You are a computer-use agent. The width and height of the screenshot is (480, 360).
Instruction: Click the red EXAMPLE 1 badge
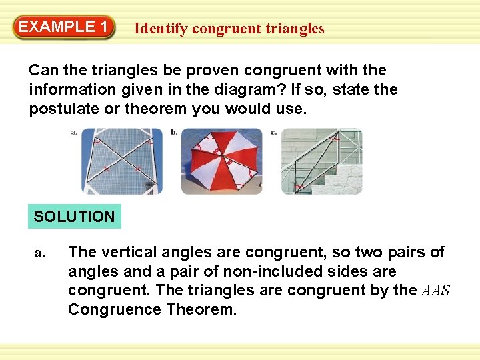pyautogui.click(x=64, y=27)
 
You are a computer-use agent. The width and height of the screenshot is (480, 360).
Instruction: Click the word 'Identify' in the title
pyautogui.click(x=161, y=29)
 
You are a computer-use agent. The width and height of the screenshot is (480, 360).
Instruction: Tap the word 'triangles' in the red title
pyautogui.click(x=295, y=29)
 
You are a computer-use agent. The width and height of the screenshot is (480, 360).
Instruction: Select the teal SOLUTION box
pyautogui.click(x=75, y=216)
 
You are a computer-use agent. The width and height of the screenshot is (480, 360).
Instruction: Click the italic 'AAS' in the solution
pyautogui.click(x=435, y=290)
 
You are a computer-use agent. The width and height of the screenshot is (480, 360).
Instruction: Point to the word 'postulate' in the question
pyautogui.click(x=64, y=109)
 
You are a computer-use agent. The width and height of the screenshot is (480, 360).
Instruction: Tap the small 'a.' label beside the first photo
pyautogui.click(x=75, y=133)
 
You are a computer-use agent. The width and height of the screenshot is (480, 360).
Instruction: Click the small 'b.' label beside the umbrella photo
pyautogui.click(x=174, y=132)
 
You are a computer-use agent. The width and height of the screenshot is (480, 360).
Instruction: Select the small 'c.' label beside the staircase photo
pyautogui.click(x=274, y=133)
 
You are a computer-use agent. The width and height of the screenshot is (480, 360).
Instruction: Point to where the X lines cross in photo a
pyautogui.click(x=123, y=158)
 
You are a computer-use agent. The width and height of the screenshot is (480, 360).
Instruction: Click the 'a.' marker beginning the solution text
pyautogui.click(x=40, y=253)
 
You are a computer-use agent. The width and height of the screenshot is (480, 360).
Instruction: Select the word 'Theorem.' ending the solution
pyautogui.click(x=201, y=309)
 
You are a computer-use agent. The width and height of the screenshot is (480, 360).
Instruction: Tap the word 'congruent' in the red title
pyautogui.click(x=227, y=29)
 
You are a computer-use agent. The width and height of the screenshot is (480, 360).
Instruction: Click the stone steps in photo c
pyautogui.click(x=339, y=179)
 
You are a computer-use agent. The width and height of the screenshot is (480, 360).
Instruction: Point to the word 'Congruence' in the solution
pyautogui.click(x=115, y=309)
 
